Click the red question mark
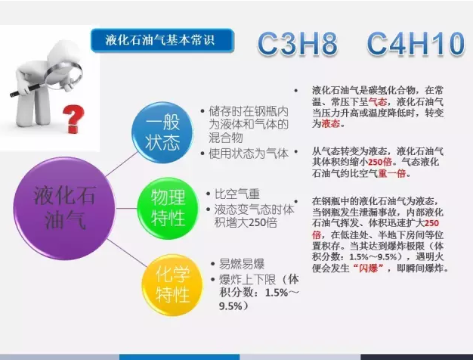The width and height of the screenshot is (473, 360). coord(73,119)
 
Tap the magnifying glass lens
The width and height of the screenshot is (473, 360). coord(64,73)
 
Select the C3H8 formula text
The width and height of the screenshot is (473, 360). coord(297,44)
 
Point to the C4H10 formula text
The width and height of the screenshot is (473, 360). coord(416,44)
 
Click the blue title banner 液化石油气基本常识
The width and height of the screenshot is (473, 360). coord(162,40)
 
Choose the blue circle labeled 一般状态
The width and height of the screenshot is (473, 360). coord(162,132)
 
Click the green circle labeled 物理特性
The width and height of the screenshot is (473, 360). coord(168,208)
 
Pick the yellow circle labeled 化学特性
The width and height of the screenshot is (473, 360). coord(172,285)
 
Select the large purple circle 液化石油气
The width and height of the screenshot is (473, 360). coord(64,208)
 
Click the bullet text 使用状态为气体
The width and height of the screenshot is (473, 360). coord(249,154)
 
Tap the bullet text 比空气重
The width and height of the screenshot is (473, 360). coord(237,194)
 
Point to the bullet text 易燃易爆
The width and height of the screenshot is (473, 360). coord(242,264)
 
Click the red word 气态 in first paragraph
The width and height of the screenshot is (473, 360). coord(378,101)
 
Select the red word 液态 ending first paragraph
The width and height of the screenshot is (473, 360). coord(331,123)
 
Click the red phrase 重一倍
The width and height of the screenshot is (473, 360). coord(392,173)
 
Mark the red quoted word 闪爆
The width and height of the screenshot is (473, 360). coord(368,268)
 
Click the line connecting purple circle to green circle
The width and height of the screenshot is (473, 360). coord(126,208)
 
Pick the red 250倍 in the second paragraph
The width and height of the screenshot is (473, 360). coord(380,162)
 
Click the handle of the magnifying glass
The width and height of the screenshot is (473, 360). coord(29,89)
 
